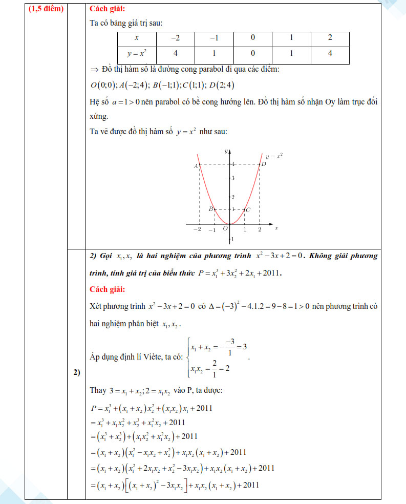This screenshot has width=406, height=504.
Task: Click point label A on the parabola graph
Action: [196, 166]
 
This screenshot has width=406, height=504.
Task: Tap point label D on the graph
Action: [264, 164]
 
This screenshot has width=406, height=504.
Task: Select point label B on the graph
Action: [210, 209]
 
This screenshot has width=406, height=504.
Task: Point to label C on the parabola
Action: [248, 209]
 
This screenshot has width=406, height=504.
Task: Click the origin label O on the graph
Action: [225, 228]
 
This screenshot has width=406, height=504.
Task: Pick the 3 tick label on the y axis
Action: [232, 178]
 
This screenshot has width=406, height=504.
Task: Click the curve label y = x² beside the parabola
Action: [274, 155]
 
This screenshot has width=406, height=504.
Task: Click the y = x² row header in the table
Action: [137, 53]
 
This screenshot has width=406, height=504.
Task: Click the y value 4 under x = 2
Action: [330, 53]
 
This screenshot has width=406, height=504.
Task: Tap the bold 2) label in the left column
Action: [76, 372]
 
